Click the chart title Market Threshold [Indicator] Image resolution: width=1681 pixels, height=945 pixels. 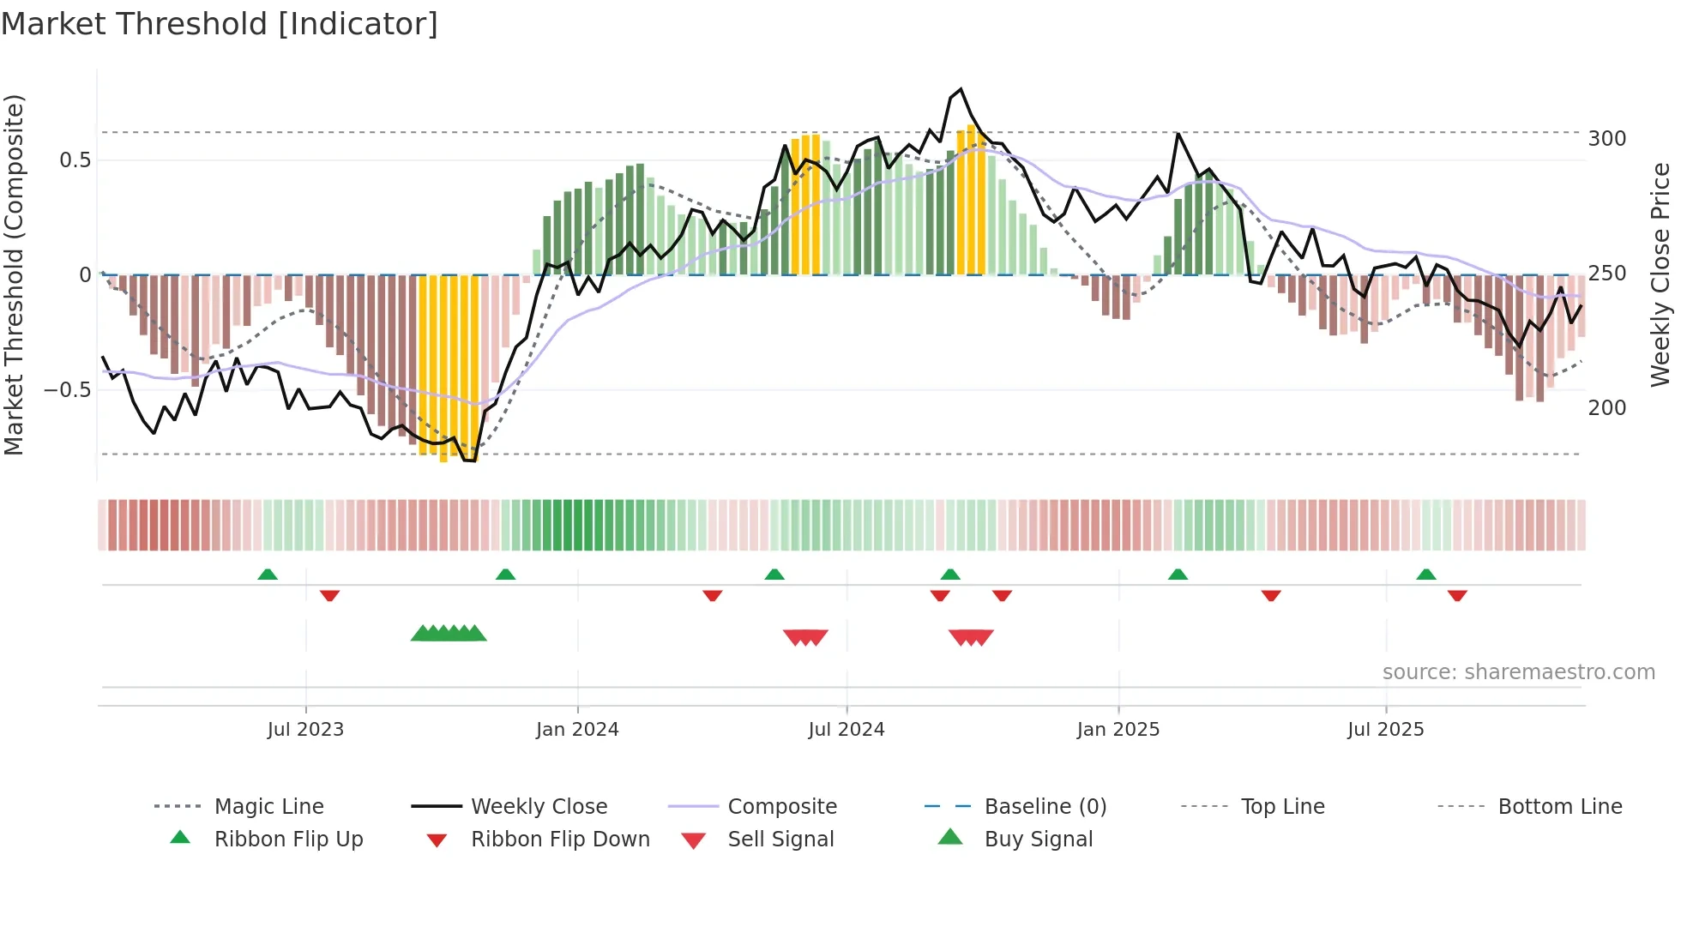(220, 24)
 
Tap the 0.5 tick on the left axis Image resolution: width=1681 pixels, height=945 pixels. (75, 160)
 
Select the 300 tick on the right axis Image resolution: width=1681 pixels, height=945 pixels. (1606, 139)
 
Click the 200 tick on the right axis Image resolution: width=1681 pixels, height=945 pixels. (1606, 408)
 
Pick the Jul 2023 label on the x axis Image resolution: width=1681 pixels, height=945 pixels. (305, 730)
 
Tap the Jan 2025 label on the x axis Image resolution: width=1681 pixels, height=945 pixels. (1118, 730)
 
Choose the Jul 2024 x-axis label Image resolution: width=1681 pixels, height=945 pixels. (846, 730)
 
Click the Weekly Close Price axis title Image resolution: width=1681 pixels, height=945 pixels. (1660, 274)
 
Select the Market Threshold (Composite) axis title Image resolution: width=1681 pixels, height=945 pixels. (14, 274)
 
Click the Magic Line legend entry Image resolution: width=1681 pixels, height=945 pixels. (268, 807)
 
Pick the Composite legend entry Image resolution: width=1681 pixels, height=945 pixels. (781, 807)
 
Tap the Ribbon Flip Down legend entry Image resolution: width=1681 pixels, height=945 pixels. (560, 840)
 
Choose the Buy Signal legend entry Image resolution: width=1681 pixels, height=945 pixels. (1038, 840)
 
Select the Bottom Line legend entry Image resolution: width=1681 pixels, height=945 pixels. (1559, 807)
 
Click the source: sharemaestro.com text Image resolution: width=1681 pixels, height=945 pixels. (1518, 672)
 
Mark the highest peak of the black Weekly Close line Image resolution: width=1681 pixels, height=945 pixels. (961, 89)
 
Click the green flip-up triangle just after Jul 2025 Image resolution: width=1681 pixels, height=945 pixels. (1425, 575)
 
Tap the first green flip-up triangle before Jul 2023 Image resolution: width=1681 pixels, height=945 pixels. (268, 575)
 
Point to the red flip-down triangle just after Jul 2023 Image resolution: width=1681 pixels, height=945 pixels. (329, 595)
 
